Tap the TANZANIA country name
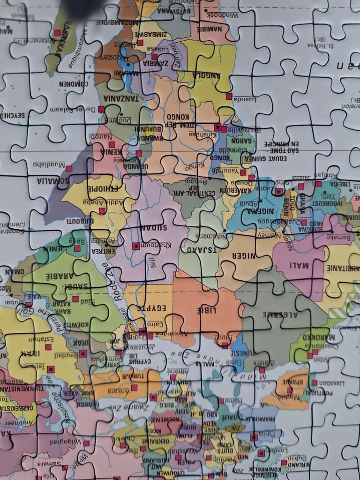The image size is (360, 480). pos(121,99)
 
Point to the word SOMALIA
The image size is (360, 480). pos(53,180)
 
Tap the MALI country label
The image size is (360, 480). pos(299,266)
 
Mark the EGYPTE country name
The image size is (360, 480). pos(151,309)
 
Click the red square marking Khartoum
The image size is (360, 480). pos(135,246)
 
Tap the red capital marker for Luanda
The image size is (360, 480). pos(229,96)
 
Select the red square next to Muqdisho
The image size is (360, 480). pos(69,169)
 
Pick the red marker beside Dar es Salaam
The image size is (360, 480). pos(101,109)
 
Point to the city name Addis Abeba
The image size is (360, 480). pos(100,202)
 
